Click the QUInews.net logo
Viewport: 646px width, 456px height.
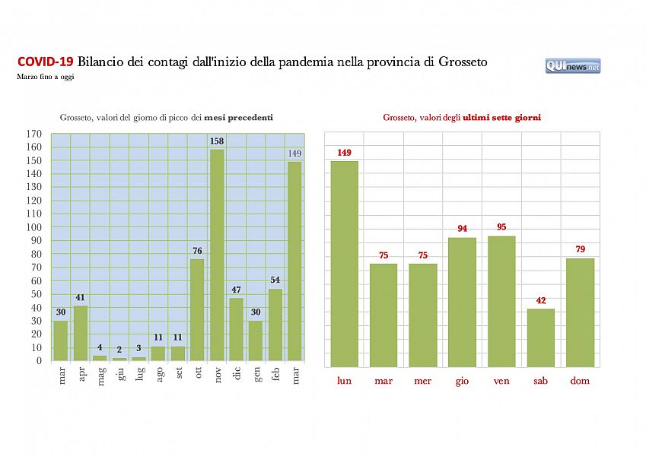pos(572,66)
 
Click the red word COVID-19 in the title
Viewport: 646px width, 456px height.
pos(45,62)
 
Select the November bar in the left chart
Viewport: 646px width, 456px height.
pos(217,255)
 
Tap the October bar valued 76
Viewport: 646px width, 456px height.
pos(197,309)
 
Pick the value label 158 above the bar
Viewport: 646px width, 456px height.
pos(217,141)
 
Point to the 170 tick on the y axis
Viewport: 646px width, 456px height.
pos(33,134)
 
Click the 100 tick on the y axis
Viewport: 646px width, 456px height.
pos(33,227)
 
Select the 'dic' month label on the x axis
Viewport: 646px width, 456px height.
pos(237,375)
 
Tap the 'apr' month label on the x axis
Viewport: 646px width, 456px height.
pos(81,375)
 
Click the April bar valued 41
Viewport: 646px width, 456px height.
pos(81,333)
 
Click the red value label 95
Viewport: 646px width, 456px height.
pos(501,226)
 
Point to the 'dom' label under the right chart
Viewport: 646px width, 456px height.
pos(581,381)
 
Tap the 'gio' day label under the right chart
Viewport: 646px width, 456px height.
pos(462,381)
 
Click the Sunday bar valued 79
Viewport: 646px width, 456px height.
pos(581,312)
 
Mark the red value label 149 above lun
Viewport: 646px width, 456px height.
pos(344,153)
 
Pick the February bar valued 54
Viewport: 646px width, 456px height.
pos(275,325)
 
